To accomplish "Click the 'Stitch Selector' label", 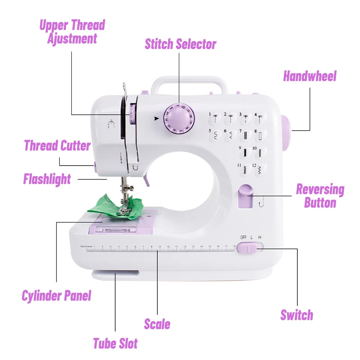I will [x=180, y=44].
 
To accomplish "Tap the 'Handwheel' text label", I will [x=310, y=76].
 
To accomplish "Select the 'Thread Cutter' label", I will [x=57, y=146].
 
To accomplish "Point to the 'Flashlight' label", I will [x=47, y=179].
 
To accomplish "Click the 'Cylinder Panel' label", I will [x=57, y=296].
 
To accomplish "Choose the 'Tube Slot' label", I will [x=115, y=343].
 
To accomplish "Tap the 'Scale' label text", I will [x=157, y=324].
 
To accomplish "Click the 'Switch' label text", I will [x=297, y=315].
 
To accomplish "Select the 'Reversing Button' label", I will [x=320, y=196].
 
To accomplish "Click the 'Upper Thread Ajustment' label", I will [x=72, y=32].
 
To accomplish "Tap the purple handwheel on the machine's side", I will [x=285, y=133].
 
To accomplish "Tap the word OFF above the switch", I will [x=243, y=237].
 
